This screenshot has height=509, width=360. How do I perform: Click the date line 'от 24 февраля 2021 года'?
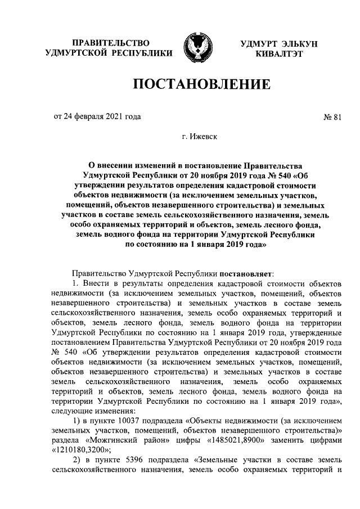pyautogui.click(x=97, y=117)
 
